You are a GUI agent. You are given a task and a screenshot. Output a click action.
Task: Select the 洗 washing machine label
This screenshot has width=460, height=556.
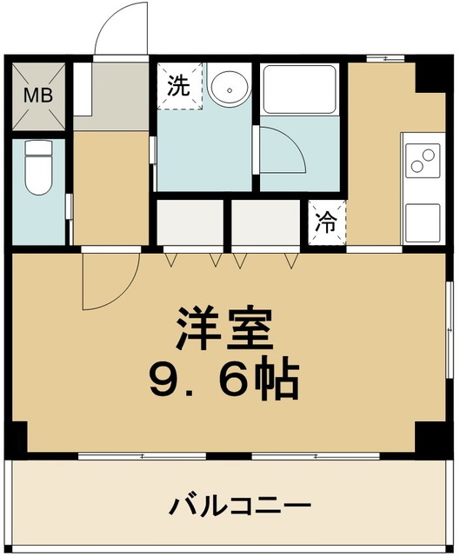pos(177,86)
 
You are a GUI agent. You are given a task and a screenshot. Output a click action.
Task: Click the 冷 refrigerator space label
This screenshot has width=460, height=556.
pos(327,222)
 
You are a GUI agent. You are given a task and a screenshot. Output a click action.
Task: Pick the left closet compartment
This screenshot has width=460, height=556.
pos(190,223)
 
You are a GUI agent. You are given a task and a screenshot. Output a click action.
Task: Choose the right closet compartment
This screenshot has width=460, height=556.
pos(266,223)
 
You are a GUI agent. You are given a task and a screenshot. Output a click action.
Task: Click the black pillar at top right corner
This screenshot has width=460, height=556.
pos(429,76)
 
